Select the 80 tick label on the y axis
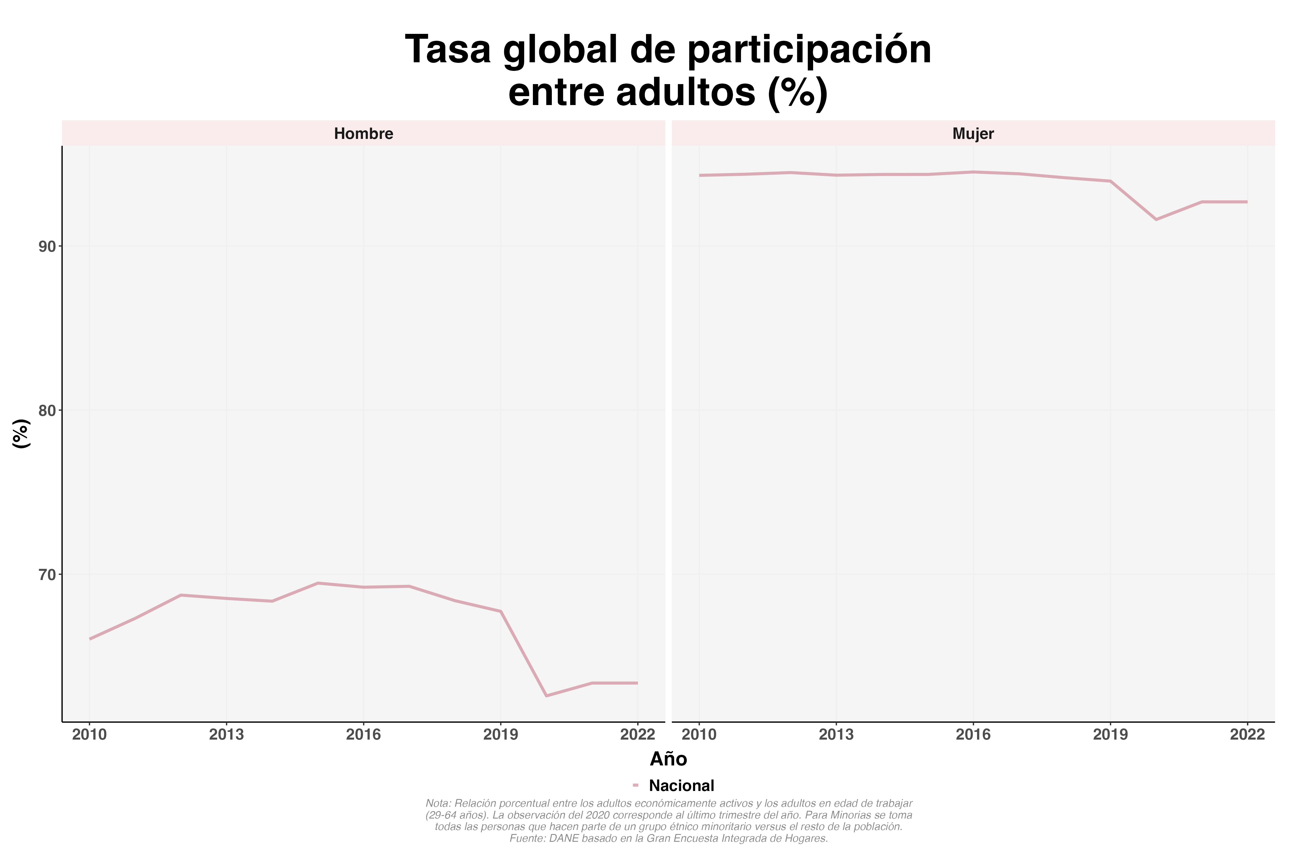48,410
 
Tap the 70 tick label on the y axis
48,574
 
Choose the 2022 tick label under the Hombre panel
637,735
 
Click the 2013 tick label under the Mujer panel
836,735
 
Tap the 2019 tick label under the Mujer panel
1110,735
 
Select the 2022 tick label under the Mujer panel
1247,735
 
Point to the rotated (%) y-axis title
21,434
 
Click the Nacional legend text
681,786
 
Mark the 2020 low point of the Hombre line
546,696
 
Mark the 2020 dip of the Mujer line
1156,220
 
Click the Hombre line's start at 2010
90,639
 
